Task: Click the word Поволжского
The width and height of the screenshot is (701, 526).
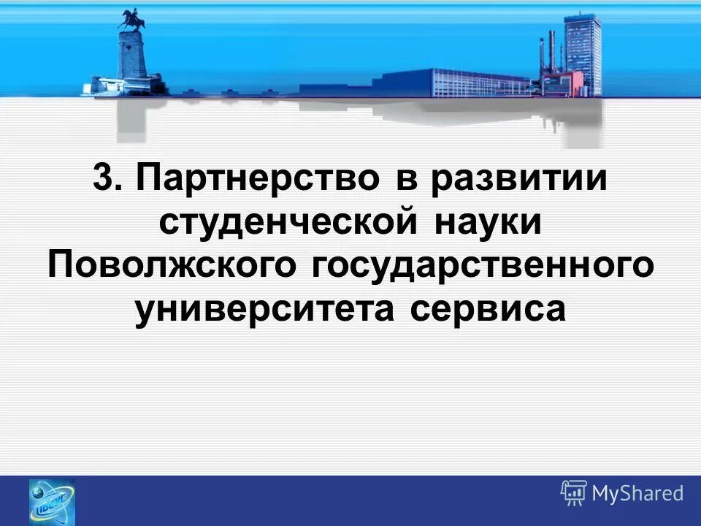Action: click(x=171, y=264)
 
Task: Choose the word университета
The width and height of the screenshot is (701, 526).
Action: click(x=266, y=307)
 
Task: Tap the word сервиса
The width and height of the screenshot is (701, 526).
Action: click(x=488, y=307)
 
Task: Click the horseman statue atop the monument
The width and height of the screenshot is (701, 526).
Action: click(x=132, y=20)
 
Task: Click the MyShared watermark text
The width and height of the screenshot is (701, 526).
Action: click(x=637, y=494)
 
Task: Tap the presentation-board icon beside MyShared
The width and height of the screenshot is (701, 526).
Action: click(x=574, y=493)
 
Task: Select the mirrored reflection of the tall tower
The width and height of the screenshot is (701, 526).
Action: click(x=582, y=121)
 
